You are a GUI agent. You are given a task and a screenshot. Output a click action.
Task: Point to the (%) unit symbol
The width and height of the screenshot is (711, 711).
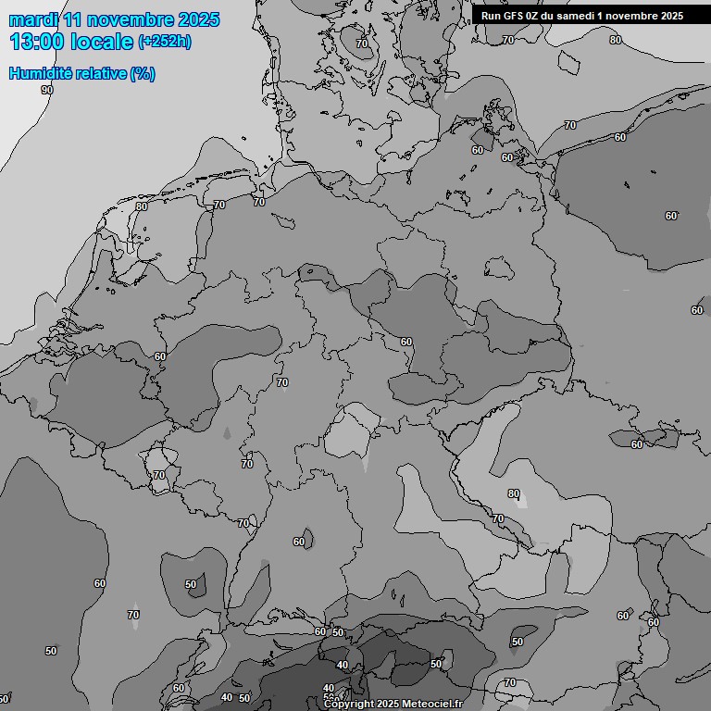click(x=143, y=74)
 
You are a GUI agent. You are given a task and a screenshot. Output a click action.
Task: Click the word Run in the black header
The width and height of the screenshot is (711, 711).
click(x=492, y=16)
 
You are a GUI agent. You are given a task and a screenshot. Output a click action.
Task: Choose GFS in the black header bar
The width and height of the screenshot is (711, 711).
click(x=514, y=16)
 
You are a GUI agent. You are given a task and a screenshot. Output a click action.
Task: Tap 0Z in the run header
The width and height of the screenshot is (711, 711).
click(x=537, y=16)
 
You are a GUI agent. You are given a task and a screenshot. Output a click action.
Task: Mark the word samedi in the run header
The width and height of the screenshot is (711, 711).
click(x=585, y=16)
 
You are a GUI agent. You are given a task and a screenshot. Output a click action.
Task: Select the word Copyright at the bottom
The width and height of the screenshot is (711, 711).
click(x=348, y=705)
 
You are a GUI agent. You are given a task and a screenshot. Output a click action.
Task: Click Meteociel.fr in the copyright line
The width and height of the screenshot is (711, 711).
click(x=431, y=705)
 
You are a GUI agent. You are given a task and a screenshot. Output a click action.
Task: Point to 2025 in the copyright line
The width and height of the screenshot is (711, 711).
click(x=388, y=705)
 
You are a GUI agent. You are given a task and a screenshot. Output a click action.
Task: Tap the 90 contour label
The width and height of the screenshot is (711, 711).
click(x=47, y=90)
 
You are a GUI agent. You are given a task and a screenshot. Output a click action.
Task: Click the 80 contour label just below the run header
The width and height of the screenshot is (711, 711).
click(x=616, y=40)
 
